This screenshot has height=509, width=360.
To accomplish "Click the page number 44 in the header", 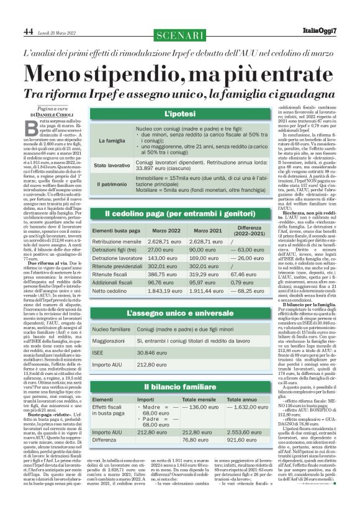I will pyautogui.click(x=28, y=30).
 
